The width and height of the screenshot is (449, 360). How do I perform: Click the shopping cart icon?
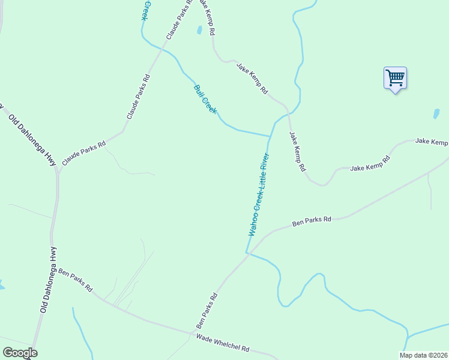395,78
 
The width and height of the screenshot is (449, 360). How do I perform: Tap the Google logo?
20,353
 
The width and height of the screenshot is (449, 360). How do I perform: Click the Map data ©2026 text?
424,355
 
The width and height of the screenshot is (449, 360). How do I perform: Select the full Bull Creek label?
205,100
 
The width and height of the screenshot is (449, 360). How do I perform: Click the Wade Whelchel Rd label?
223,343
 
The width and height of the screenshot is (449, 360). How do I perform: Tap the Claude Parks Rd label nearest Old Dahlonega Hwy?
84,153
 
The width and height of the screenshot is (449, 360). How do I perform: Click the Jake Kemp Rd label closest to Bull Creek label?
252,78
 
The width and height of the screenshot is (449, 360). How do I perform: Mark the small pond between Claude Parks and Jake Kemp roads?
199,30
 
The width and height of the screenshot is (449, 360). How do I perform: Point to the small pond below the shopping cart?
436,113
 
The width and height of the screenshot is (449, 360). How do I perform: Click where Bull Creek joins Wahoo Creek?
269,136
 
